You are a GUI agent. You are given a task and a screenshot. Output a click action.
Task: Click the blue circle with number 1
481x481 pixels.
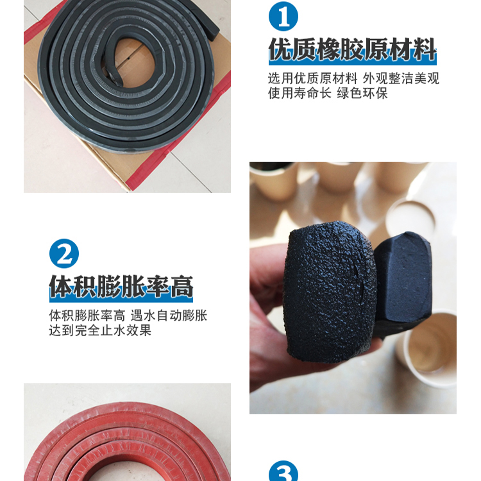(283, 16)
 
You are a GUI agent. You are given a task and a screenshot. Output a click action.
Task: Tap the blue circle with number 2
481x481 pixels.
(63, 253)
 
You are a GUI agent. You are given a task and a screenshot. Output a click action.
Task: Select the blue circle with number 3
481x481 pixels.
(283, 471)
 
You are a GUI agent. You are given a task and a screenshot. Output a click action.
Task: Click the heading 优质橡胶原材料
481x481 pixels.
(352, 49)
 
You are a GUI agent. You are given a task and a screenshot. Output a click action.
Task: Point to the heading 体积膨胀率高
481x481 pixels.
(121, 287)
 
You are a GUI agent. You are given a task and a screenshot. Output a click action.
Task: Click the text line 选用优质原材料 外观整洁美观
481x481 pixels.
(353, 78)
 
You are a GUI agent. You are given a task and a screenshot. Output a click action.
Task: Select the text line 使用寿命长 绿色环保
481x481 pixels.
(328, 93)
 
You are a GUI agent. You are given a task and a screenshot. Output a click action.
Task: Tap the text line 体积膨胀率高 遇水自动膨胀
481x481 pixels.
(128, 316)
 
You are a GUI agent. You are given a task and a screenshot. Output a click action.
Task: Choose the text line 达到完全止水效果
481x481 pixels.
(100, 330)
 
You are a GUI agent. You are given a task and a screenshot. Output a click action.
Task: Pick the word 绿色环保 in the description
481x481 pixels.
(362, 93)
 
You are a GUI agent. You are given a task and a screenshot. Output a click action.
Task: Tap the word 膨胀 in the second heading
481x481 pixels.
(121, 287)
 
